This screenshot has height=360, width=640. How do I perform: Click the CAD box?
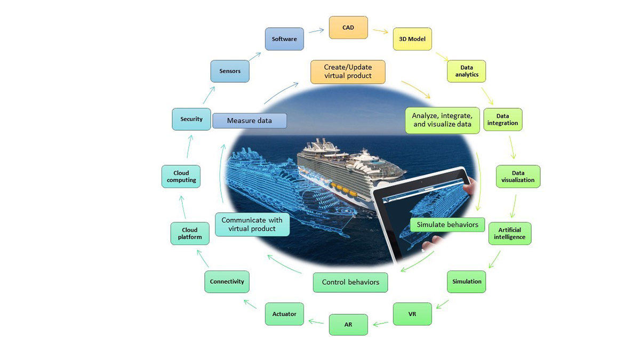click(348, 28)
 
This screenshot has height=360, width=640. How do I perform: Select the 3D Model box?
click(412, 39)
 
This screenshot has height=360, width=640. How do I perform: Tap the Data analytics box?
click(467, 71)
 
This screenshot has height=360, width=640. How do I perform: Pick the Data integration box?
click(502, 120)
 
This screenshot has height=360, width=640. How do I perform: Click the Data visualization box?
click(518, 177)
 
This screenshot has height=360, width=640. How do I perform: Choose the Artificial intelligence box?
click(510, 233)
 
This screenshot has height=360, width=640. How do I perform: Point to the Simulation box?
click(467, 282)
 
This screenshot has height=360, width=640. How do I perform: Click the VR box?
click(412, 314)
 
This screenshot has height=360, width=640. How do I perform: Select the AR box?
click(348, 325)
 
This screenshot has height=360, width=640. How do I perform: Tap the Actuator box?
click(284, 314)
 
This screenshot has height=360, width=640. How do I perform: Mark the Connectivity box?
click(227, 282)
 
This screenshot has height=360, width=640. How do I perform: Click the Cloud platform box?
click(190, 234)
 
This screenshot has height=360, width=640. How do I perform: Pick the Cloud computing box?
click(181, 177)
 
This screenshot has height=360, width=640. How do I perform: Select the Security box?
click(191, 119)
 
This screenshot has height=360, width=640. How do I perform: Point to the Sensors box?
click(230, 71)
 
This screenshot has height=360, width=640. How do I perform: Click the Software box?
click(284, 39)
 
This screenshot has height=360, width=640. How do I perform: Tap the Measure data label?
click(250, 121)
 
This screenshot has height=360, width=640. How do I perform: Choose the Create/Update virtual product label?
click(348, 72)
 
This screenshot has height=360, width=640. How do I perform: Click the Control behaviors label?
click(350, 282)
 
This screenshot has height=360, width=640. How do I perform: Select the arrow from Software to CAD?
click(316, 30)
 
